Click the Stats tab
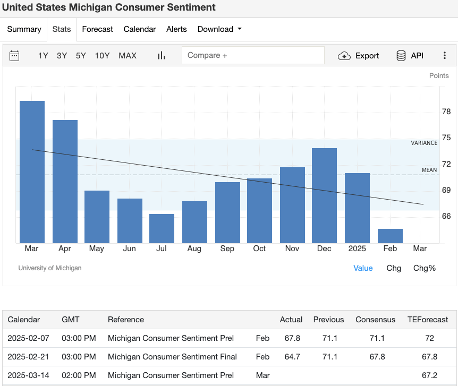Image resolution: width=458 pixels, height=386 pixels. tap(62, 29)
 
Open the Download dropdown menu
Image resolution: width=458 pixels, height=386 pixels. tap(219, 29)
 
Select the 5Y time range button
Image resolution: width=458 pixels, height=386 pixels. tap(81, 56)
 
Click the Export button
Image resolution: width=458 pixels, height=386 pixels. tap(359, 56)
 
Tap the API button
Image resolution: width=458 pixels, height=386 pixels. tap(410, 56)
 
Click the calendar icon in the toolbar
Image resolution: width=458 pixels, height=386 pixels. tap(14, 56)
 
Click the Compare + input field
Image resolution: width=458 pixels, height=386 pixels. tap(253, 55)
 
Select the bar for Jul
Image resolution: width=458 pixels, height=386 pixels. tap(162, 228)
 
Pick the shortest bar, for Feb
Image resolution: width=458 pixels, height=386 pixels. tap(390, 236)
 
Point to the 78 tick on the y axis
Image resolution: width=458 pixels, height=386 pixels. tap(446, 111)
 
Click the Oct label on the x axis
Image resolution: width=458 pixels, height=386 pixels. tap(259, 248)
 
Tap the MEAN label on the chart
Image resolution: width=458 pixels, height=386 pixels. tap(429, 170)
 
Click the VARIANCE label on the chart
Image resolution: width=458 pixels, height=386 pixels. tap(424, 143)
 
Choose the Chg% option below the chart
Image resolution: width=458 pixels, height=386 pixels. tap(425, 268)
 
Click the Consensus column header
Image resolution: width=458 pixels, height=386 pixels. tap(375, 320)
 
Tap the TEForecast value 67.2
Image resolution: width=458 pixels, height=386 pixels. tap(429, 375)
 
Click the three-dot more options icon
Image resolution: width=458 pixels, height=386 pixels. tap(445, 56)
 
